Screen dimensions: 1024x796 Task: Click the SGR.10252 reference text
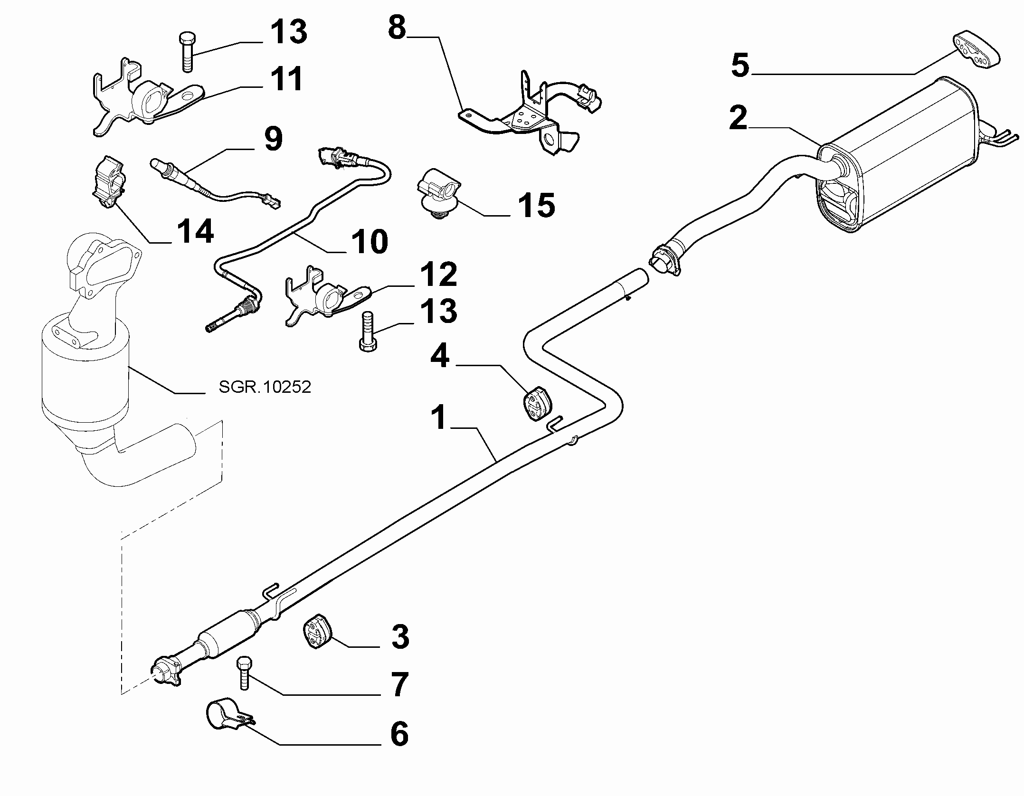tap(265, 387)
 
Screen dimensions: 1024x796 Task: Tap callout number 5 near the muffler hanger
tap(740, 66)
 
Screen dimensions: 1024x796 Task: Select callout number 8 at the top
tap(397, 28)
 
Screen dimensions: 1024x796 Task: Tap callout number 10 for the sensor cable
tap(370, 241)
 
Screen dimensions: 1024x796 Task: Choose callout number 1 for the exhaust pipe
tap(439, 417)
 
